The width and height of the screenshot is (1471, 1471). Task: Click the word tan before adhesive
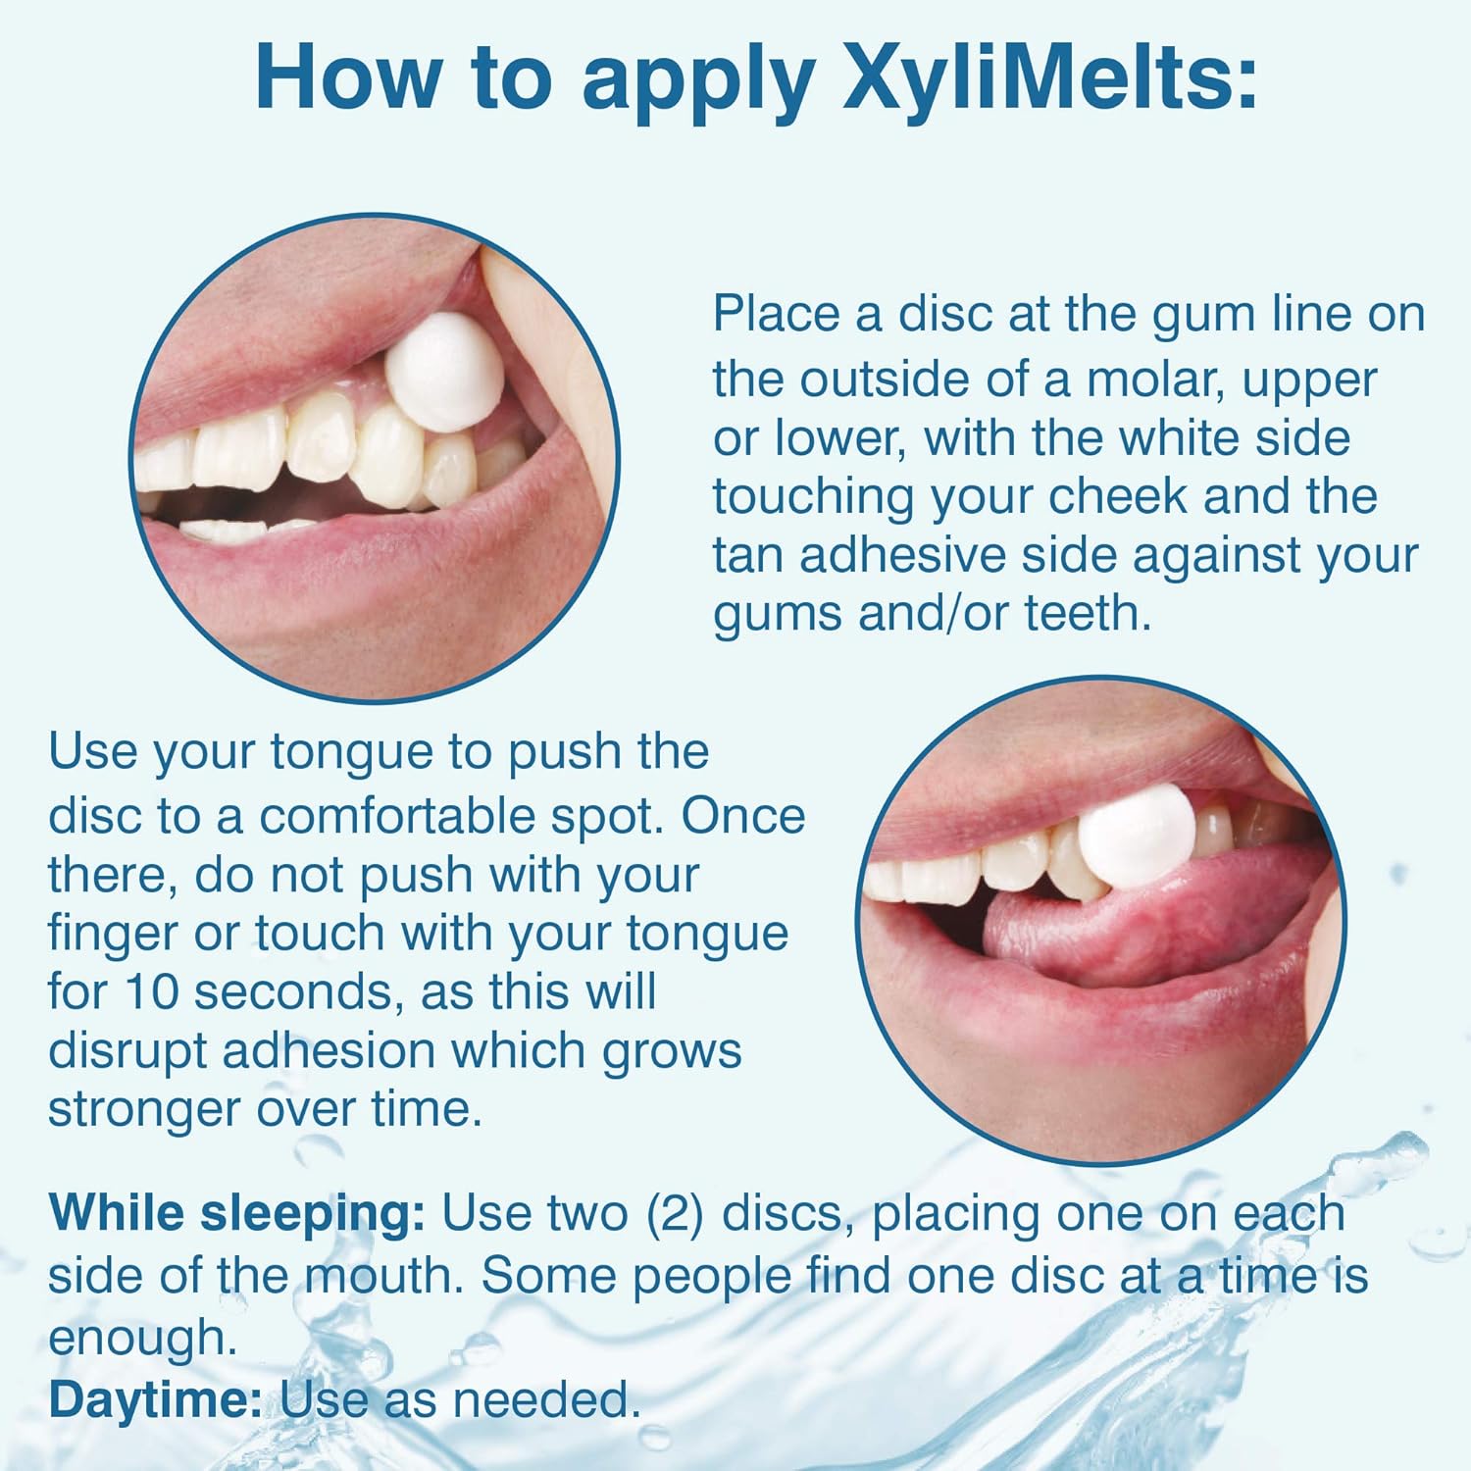click(747, 555)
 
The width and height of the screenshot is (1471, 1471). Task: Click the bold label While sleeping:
click(236, 1214)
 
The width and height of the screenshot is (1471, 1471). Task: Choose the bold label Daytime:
click(155, 1400)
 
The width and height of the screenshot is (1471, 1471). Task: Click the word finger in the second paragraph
click(112, 934)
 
